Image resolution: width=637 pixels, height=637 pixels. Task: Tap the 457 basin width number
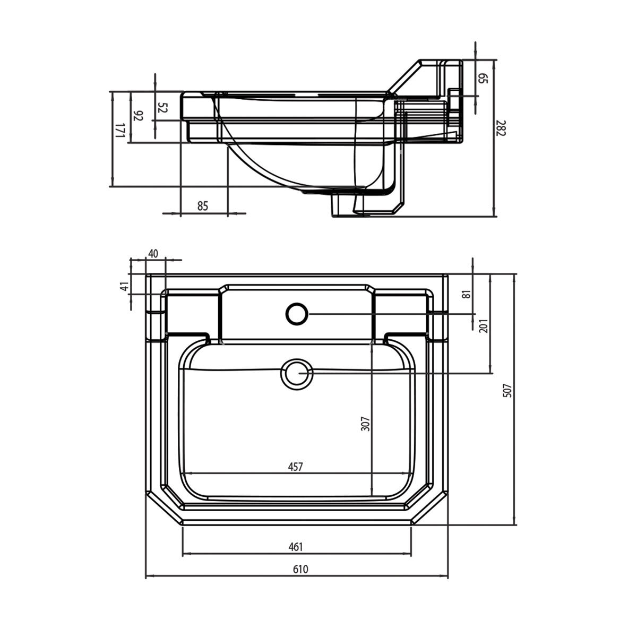pos(295,467)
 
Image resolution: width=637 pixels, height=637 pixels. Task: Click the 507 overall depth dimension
pos(507,390)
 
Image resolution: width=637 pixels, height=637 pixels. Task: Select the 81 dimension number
pos(467,294)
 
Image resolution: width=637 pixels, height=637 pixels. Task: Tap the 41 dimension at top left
pos(124,286)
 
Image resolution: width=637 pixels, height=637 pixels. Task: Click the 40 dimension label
pos(153,254)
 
